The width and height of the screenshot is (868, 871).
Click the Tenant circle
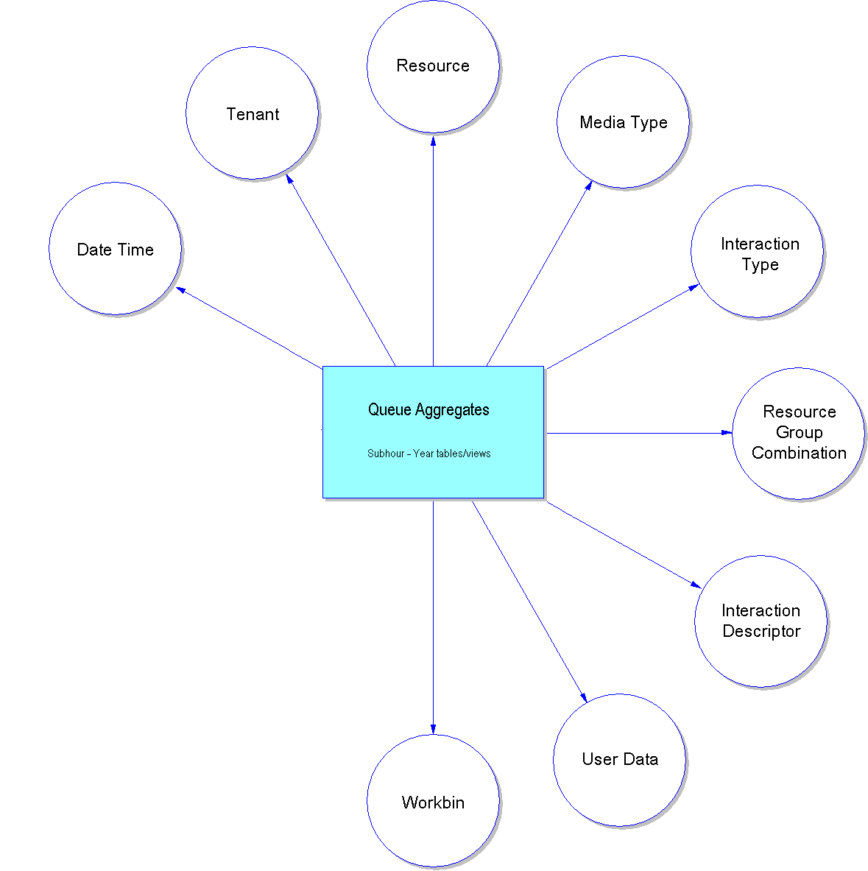click(252, 113)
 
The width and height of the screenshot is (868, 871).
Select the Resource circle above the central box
click(433, 66)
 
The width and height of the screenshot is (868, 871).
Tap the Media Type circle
click(623, 122)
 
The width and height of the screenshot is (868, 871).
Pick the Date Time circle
click(115, 249)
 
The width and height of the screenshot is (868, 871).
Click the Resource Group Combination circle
click(798, 433)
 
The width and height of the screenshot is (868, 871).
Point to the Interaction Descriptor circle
click(761, 621)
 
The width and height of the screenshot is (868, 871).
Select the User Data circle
click(619, 760)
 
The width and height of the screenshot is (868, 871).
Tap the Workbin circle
click(433, 802)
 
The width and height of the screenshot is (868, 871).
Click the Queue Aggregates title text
click(428, 410)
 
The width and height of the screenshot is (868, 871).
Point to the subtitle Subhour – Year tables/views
click(428, 454)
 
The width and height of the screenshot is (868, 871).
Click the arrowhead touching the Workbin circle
click(433, 729)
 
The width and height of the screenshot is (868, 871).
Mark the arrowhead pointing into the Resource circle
click(433, 139)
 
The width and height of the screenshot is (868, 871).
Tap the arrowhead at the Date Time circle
click(181, 289)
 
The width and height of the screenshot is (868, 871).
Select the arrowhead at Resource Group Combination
click(726, 433)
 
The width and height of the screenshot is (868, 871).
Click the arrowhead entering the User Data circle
click(584, 697)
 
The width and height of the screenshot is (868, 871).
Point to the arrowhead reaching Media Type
click(589, 186)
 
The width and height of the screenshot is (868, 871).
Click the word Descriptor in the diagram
click(761, 632)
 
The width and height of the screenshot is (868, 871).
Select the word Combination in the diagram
click(799, 454)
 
